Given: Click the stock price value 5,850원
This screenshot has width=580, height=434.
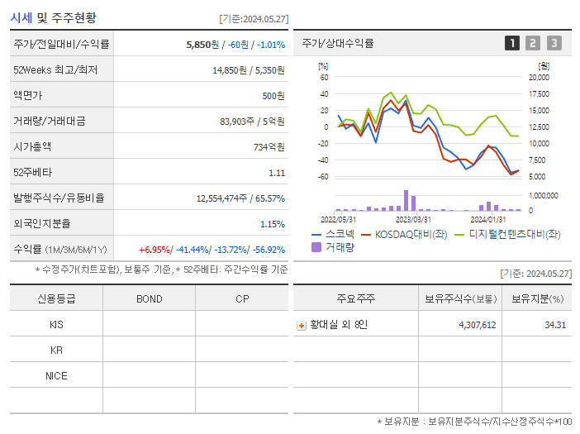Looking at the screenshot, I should tap(203, 44).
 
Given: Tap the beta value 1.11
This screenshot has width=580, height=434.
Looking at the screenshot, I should tap(276, 173).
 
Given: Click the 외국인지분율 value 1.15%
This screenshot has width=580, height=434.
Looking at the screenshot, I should tap(272, 224).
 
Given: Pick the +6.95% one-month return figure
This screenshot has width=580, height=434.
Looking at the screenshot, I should tap(155, 250).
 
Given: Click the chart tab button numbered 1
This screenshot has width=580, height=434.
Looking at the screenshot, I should tap(512, 43).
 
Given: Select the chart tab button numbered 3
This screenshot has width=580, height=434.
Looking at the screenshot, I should tap(554, 43).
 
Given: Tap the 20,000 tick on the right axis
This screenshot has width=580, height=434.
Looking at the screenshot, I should tap(538, 77).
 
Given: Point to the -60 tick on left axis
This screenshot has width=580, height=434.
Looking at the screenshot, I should tap(323, 176).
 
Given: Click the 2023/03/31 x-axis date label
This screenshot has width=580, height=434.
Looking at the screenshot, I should tap(413, 219).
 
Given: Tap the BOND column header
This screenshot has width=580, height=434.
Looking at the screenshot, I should tap(149, 299).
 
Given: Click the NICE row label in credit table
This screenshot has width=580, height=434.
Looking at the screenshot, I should tap(56, 375).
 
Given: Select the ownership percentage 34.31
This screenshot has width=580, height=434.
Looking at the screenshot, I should tap(555, 325).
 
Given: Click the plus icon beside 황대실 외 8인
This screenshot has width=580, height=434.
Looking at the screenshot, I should tap(301, 326).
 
